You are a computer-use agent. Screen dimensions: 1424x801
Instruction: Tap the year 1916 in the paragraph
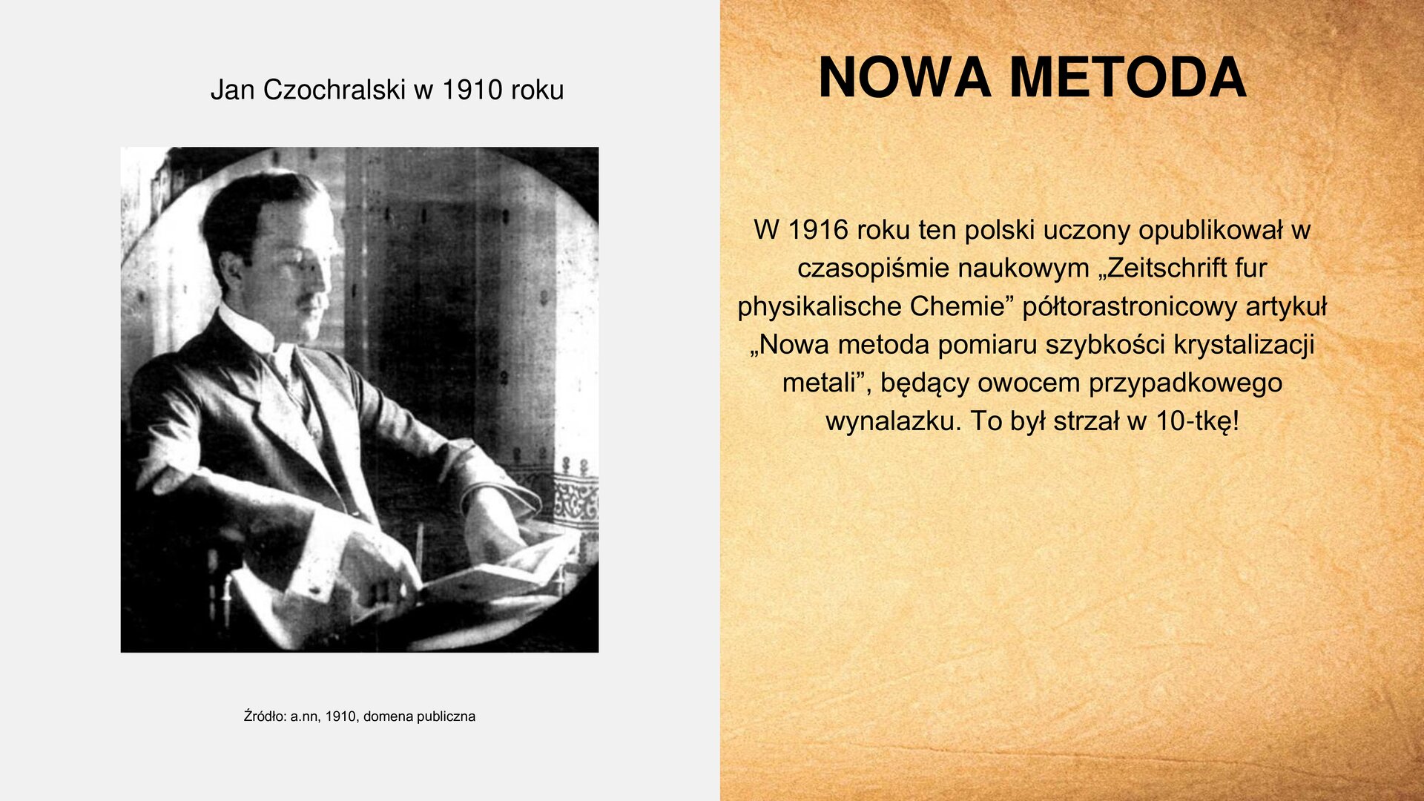(x=817, y=230)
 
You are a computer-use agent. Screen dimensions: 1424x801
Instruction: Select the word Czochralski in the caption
(x=334, y=90)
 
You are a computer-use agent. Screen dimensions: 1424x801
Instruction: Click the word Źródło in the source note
(x=265, y=716)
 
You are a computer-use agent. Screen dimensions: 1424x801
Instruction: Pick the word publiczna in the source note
(x=446, y=716)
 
